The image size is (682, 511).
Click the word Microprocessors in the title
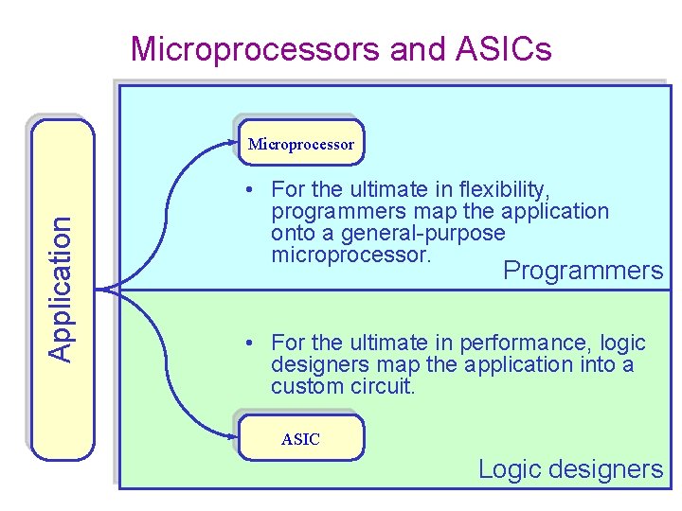coord(256,48)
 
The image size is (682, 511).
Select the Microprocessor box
coord(301,144)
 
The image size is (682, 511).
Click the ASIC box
coord(300,439)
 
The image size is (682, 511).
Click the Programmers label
coord(583,271)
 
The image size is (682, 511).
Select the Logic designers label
coord(570,469)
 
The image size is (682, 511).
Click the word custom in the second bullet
coord(306,386)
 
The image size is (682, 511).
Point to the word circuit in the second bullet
coord(382,386)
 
